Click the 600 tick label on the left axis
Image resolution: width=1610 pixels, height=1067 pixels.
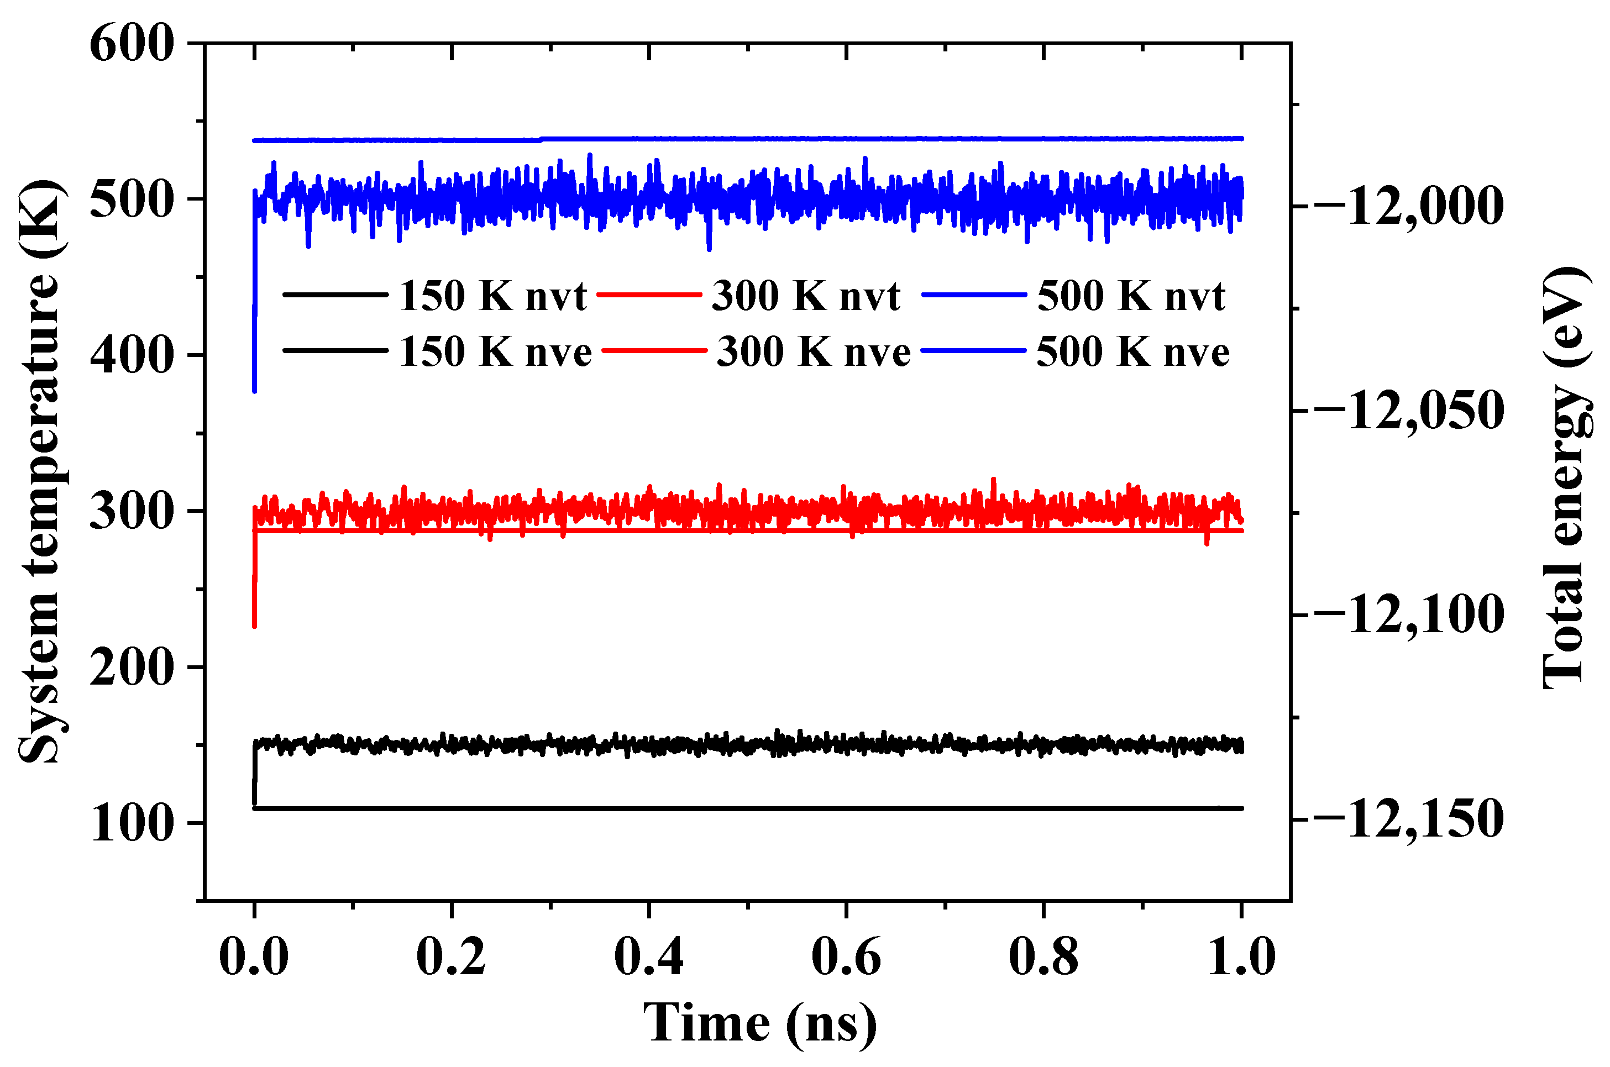[132, 44]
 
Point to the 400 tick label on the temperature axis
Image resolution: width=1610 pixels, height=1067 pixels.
[132, 355]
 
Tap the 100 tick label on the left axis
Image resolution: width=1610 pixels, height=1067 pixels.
[132, 823]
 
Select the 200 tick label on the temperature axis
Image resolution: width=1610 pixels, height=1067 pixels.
[132, 667]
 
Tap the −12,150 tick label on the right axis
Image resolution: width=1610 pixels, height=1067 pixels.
[1407, 819]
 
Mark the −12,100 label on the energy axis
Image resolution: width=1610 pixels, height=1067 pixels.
[1407, 614]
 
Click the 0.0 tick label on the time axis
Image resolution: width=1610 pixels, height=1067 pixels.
[254, 956]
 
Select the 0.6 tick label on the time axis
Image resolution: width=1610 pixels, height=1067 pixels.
[846, 956]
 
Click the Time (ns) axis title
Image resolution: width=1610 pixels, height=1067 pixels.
[759, 1023]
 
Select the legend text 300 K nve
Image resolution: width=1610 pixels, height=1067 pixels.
[813, 352]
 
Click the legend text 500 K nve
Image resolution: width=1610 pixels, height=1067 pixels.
[1133, 352]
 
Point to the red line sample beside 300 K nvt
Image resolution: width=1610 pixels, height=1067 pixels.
[648, 295]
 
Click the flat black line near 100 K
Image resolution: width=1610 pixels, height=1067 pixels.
[748, 808]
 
